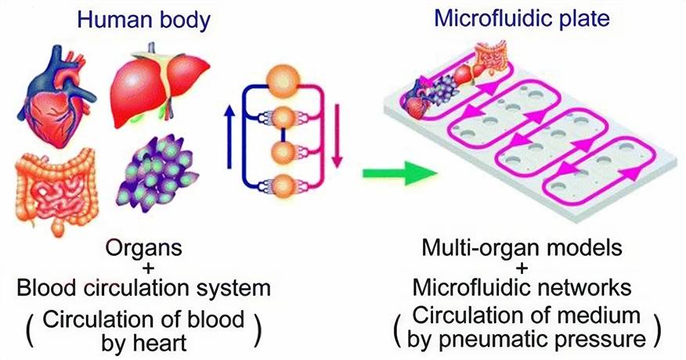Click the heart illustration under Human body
point(55,98)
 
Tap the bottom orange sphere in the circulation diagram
point(282,187)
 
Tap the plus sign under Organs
point(144,270)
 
